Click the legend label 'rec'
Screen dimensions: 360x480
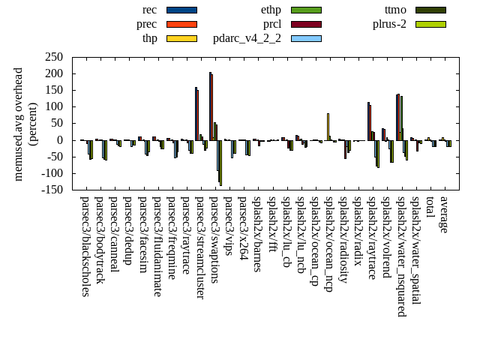pyautogui.click(x=149, y=10)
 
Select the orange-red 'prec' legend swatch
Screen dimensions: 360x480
pyautogui.click(x=181, y=24)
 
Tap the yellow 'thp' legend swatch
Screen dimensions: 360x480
pyautogui.click(x=181, y=38)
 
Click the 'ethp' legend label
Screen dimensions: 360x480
pyautogui.click(x=271, y=10)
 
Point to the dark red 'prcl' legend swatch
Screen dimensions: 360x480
pyautogui.click(x=306, y=24)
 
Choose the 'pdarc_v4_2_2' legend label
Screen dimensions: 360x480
pyautogui.click(x=247, y=38)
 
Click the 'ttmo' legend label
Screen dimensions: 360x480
pyautogui.click(x=395, y=10)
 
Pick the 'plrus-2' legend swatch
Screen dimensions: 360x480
pyautogui.click(x=430, y=24)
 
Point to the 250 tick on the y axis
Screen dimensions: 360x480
pyautogui.click(x=52, y=57)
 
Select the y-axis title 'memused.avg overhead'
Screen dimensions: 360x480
pyautogui.click(x=19, y=124)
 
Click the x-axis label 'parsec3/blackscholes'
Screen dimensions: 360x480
pyautogui.click(x=85, y=247)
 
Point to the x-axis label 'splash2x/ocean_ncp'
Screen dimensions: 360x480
pyautogui.click(x=328, y=244)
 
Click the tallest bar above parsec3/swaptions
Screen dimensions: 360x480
pyautogui.click(x=210, y=106)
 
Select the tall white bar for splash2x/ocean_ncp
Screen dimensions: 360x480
pyautogui.click(x=328, y=126)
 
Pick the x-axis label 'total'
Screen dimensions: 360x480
pyautogui.click(x=430, y=208)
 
